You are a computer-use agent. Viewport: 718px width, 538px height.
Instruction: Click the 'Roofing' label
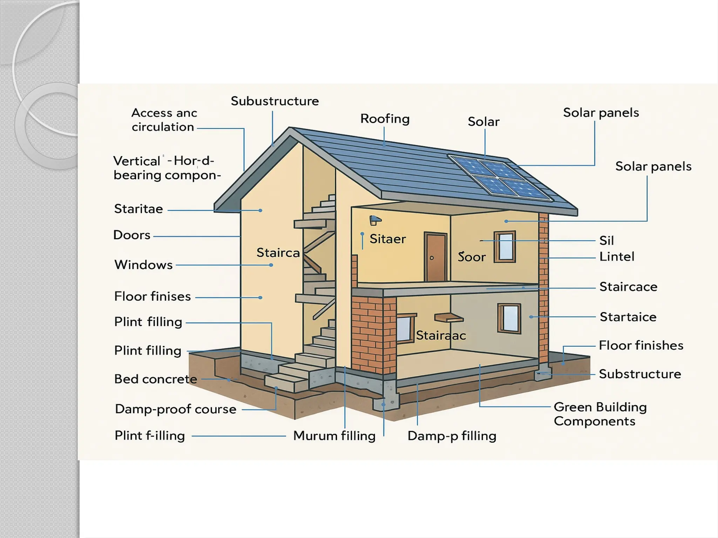[385, 119]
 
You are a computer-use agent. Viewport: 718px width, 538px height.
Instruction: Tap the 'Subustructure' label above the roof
[275, 101]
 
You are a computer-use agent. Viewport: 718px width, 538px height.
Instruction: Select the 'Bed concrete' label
[155, 379]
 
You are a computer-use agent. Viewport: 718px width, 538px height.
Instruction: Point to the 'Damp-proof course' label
[175, 409]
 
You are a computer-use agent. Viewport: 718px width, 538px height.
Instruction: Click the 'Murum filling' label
[334, 436]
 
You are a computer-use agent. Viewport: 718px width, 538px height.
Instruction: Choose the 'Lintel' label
[617, 257]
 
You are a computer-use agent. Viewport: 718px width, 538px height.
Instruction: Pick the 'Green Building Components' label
[600, 414]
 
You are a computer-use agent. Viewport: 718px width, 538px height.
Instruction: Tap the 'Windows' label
[143, 265]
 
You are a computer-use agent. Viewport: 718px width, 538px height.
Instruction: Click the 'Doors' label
[132, 235]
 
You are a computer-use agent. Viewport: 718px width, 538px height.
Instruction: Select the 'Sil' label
[607, 241]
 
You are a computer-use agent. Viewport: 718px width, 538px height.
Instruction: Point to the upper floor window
[505, 247]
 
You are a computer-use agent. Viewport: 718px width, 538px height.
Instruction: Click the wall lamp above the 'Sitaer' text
[375, 220]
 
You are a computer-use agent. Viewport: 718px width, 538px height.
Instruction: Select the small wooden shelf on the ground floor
[448, 318]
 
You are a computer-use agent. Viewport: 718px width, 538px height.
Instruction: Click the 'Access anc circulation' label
[164, 120]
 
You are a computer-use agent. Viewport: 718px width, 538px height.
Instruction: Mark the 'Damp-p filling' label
[452, 436]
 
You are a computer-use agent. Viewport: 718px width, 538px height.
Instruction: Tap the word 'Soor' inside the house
[472, 257]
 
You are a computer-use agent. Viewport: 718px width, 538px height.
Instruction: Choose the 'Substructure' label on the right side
[640, 374]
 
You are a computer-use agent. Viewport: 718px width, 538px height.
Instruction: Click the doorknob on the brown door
[432, 258]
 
